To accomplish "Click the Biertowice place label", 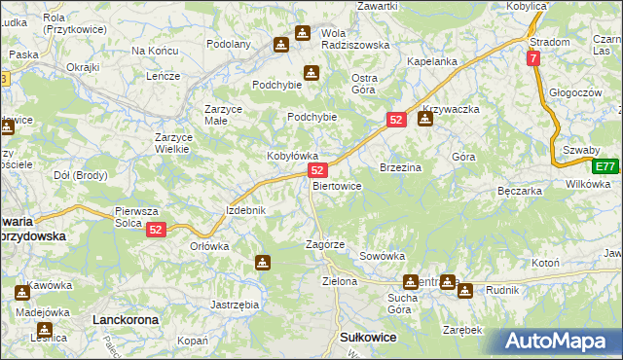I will (x=337, y=186).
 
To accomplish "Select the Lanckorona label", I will (x=124, y=318).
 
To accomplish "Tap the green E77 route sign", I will (x=605, y=166).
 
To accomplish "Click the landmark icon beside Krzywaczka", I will (x=424, y=120).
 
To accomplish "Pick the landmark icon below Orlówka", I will (x=262, y=262).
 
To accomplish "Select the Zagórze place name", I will (x=325, y=245).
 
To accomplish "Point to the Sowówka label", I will (x=382, y=256).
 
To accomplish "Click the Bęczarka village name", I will (x=519, y=192).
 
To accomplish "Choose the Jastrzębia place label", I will (x=235, y=305).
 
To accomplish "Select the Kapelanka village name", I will (x=432, y=61).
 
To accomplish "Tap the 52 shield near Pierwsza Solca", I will (x=157, y=231).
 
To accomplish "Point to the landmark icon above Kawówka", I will (x=21, y=292).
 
